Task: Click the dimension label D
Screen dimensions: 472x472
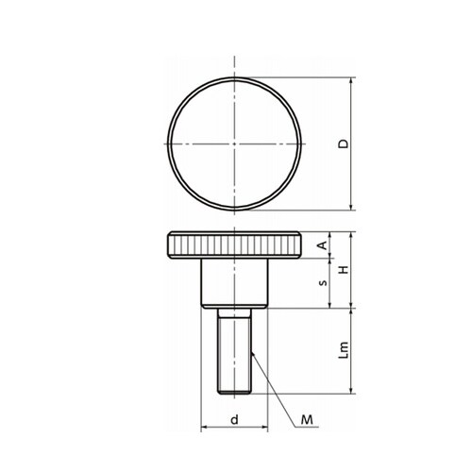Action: [344, 143]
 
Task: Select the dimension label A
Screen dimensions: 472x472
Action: [323, 245]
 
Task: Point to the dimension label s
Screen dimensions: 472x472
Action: [323, 283]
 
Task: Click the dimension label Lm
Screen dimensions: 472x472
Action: [344, 350]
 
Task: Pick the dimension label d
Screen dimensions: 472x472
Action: [234, 419]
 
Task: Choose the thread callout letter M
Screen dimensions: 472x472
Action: [307, 419]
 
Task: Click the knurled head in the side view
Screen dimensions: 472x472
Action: [234, 245]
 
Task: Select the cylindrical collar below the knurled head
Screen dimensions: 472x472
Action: [234, 283]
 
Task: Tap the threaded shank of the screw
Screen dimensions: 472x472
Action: [234, 356]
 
